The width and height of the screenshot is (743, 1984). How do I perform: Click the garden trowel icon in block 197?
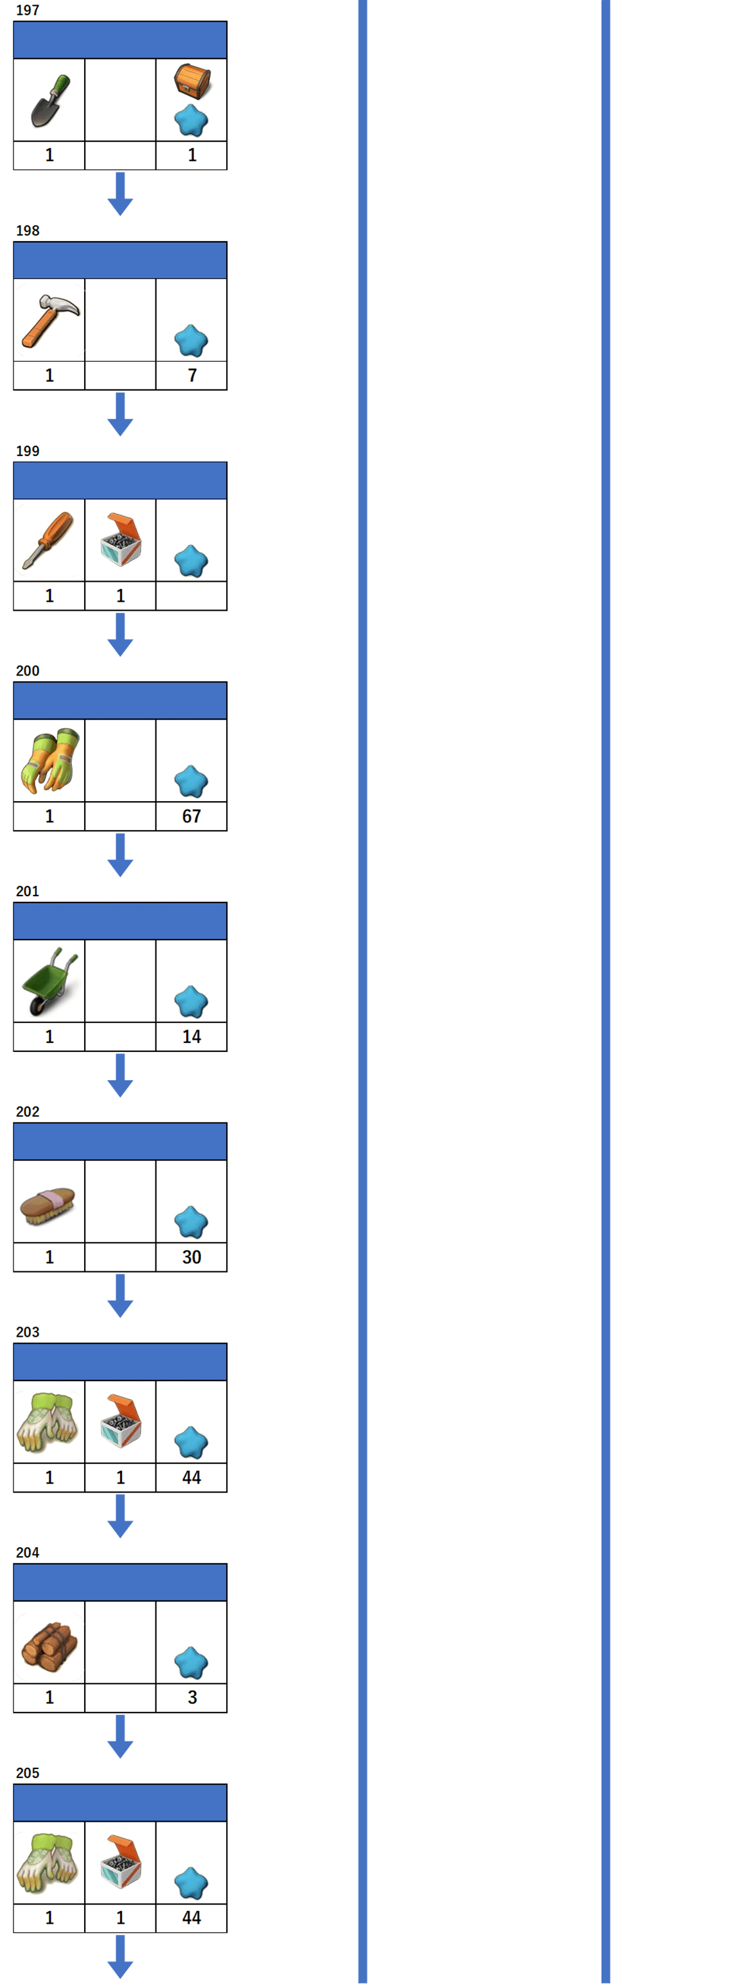click(x=49, y=100)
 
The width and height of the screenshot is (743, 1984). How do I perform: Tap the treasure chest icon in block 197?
click(x=192, y=81)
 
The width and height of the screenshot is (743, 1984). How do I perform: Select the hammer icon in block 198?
click(x=49, y=319)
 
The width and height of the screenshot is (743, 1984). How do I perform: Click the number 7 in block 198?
click(x=192, y=375)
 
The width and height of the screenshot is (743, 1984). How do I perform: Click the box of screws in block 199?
click(x=121, y=539)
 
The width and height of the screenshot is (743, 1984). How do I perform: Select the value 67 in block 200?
click(x=191, y=817)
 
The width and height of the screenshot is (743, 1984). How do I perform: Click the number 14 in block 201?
click(x=191, y=1037)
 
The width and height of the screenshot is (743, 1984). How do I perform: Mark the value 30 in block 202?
click(x=191, y=1257)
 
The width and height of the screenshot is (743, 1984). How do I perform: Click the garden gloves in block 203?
click(x=48, y=1421)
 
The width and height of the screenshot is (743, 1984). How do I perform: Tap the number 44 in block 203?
click(x=191, y=1477)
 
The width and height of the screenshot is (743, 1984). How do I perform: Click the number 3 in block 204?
click(x=192, y=1697)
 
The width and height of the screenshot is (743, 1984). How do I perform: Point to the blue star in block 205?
click(x=191, y=1883)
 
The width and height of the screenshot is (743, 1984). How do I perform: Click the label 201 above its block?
click(x=28, y=891)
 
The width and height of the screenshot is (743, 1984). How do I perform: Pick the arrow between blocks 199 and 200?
click(x=120, y=634)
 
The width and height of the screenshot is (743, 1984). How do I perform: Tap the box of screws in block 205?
click(x=121, y=1861)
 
